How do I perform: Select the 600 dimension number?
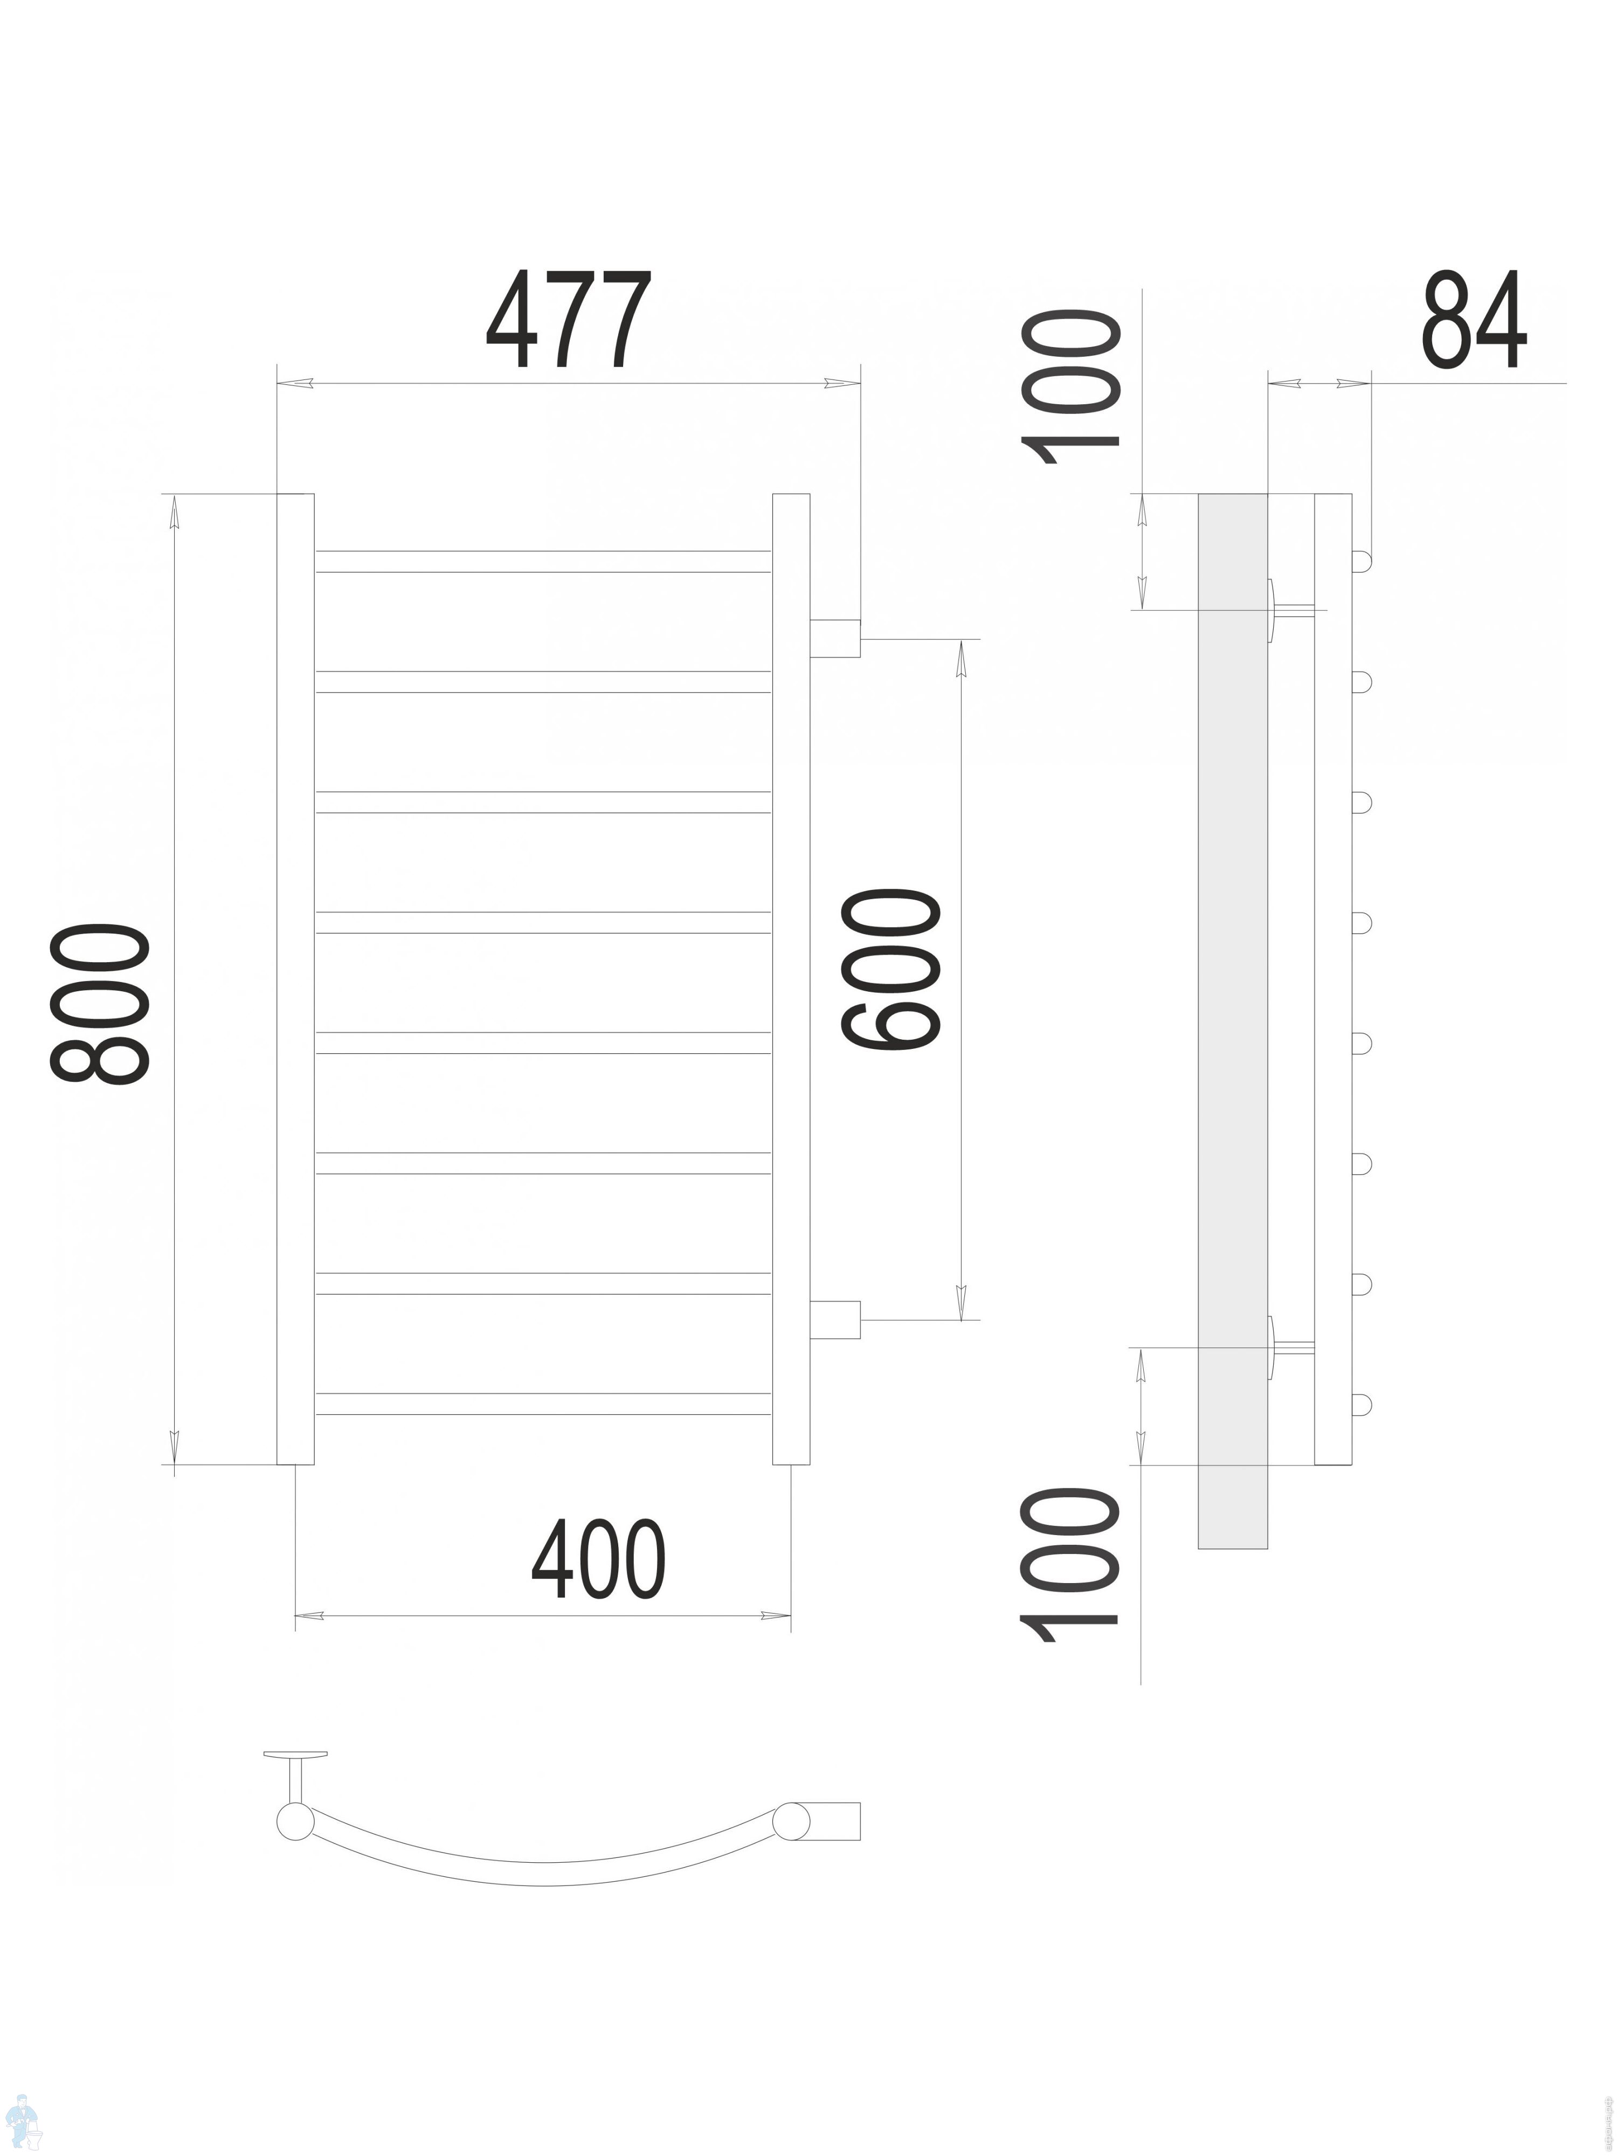pos(892,970)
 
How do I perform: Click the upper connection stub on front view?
pos(834,638)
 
